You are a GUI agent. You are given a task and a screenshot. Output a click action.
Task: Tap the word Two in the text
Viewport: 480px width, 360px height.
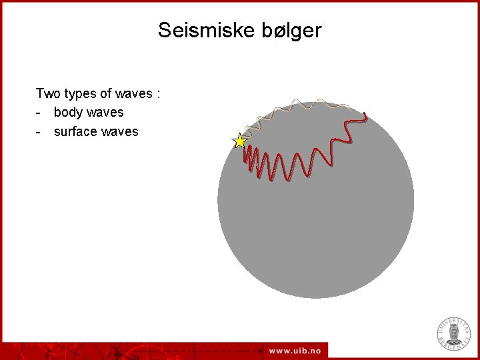click(48, 93)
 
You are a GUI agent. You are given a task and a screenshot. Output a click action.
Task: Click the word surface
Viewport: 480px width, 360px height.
click(77, 131)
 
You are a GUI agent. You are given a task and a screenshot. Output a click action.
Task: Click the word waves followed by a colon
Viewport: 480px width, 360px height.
click(133, 93)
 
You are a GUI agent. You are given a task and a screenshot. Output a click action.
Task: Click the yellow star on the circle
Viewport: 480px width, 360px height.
click(239, 141)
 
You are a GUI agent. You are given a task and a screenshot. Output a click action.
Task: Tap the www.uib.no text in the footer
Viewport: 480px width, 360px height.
click(295, 351)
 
